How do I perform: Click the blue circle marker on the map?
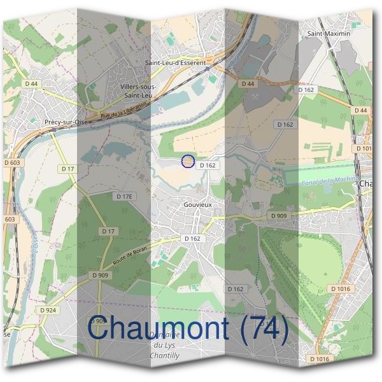187,161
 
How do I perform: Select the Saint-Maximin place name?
329,32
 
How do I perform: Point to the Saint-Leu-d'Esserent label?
175,63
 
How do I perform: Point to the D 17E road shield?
124,197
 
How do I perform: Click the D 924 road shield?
48,310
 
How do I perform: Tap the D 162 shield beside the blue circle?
208,165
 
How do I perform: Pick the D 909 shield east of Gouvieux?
278,216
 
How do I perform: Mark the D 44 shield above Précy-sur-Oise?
32,83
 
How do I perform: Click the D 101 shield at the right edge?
364,149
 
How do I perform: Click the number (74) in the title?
261,329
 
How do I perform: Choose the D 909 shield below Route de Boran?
99,275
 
